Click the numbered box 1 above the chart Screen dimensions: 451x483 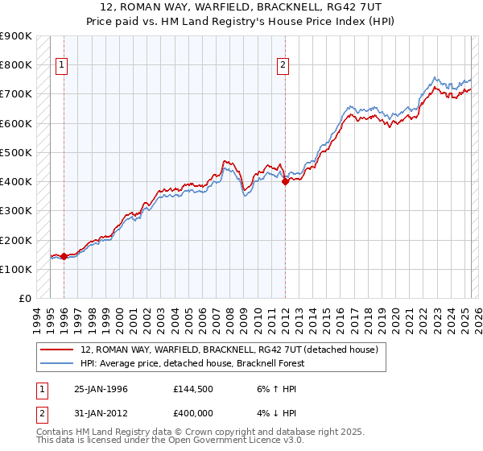63,67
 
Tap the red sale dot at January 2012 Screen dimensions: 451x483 285,182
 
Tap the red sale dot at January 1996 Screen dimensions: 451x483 64,256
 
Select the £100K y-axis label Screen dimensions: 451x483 16,269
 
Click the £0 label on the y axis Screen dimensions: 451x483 24,298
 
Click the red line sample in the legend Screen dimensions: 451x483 58,350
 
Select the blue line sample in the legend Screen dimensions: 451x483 58,363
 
